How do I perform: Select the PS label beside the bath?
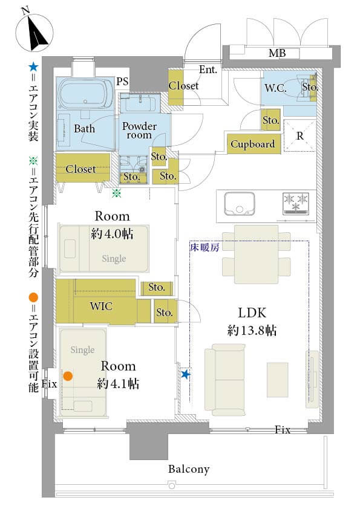click(x=122, y=81)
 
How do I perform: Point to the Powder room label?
click(x=139, y=131)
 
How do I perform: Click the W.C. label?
click(x=275, y=88)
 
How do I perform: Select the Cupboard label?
click(x=252, y=144)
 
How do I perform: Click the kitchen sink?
click(x=240, y=203)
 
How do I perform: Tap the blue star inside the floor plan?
click(x=185, y=375)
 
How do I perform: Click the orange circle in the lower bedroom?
click(x=68, y=376)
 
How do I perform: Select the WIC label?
click(x=101, y=306)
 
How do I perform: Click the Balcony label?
click(x=189, y=469)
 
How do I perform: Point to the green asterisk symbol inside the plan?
click(x=116, y=193)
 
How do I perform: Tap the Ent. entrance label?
click(x=208, y=70)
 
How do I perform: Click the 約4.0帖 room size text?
click(x=113, y=233)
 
